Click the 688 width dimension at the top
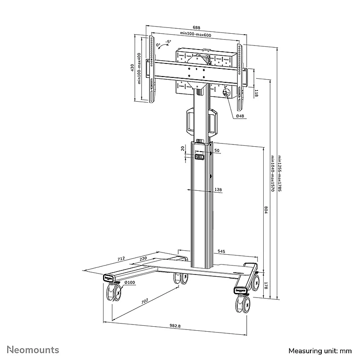pyautogui.click(x=196, y=27)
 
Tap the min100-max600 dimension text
pyautogui.click(x=195, y=34)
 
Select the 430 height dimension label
pyautogui.click(x=132, y=67)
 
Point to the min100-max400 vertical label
pyautogui.click(x=139, y=68)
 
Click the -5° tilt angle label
pyautogui.click(x=168, y=42)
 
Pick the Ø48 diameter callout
pyautogui.click(x=240, y=116)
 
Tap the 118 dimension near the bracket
pyautogui.click(x=256, y=93)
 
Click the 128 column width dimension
pyautogui.click(x=218, y=189)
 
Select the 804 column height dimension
pyautogui.click(x=266, y=210)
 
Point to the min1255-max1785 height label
pyautogui.click(x=279, y=173)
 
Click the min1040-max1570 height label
pyautogui.click(x=273, y=173)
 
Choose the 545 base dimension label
pyautogui.click(x=221, y=252)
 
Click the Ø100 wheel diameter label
pyautogui.click(x=130, y=283)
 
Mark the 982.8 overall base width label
pyautogui.click(x=175, y=325)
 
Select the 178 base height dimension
pyautogui.click(x=266, y=286)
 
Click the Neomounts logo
pyautogui.click(x=33, y=350)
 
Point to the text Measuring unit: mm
pyautogui.click(x=320, y=351)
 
